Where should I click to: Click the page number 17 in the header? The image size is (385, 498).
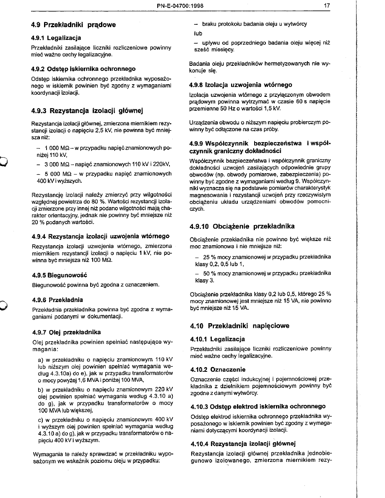327,5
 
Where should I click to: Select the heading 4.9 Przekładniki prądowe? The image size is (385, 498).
73,25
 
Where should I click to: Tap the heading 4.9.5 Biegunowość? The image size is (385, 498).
59,275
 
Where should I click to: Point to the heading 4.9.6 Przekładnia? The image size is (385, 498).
57,300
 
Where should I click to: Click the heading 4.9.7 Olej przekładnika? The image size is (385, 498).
66,332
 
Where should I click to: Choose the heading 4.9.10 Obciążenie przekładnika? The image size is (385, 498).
242,226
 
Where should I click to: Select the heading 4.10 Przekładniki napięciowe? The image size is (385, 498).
239,325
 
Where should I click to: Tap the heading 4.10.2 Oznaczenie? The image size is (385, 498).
218,370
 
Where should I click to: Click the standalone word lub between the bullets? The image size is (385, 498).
198,33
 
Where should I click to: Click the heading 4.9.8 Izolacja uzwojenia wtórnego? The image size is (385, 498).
241,85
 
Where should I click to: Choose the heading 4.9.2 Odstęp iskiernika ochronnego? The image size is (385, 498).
83,68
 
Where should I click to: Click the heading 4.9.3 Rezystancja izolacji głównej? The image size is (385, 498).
88,111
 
